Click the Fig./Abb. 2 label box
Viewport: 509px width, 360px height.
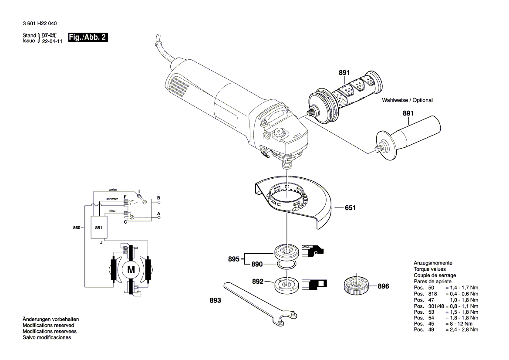pos(88,37)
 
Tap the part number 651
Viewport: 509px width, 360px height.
pos(350,208)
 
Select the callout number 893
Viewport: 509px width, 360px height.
pos(216,300)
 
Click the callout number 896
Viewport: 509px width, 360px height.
pos(383,286)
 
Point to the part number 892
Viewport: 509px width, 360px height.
pos(258,282)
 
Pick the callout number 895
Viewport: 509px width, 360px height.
pos(233,259)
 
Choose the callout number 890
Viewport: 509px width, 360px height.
pos(257,264)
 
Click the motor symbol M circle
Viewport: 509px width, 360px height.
pos(131,270)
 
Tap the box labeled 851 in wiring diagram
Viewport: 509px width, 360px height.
pos(98,228)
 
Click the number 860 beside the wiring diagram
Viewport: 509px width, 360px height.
pos(77,228)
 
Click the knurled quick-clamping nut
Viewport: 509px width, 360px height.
pos(356,286)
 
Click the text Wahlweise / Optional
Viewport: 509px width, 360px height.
pos(407,100)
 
